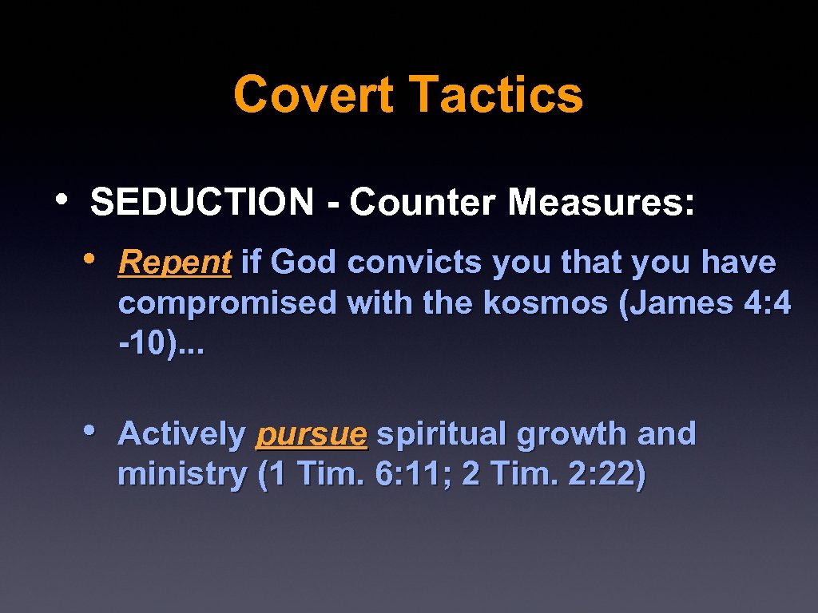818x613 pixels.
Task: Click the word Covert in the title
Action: click(313, 94)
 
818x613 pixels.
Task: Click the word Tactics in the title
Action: click(496, 94)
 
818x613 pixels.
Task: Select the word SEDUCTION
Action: click(202, 202)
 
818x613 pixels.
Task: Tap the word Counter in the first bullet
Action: click(423, 202)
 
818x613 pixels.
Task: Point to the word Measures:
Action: click(601, 202)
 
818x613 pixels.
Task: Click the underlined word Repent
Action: click(174, 262)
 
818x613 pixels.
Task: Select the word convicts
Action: click(415, 262)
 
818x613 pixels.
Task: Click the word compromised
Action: click(228, 303)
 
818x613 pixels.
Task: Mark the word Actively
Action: click(181, 434)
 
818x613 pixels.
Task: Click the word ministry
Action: click(183, 476)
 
